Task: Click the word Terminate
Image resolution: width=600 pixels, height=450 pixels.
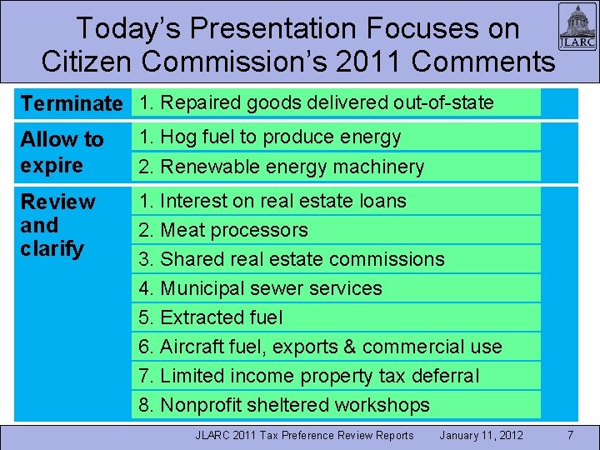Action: (x=72, y=104)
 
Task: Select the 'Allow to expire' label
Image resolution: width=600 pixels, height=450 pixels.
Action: (x=62, y=152)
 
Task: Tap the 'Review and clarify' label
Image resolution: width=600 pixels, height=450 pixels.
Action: (x=58, y=225)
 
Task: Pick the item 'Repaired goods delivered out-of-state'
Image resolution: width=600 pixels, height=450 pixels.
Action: (x=317, y=103)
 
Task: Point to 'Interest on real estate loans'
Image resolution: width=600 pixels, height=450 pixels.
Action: (x=272, y=201)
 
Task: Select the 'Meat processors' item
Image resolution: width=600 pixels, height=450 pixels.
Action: (x=223, y=230)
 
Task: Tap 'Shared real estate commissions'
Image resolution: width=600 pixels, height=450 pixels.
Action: (x=292, y=259)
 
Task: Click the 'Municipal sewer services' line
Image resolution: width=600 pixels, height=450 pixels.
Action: (x=260, y=288)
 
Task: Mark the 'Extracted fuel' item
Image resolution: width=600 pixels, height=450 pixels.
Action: (x=211, y=317)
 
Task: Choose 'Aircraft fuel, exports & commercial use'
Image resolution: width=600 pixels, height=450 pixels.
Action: (x=320, y=347)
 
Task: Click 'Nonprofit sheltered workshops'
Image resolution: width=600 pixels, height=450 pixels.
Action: (x=284, y=405)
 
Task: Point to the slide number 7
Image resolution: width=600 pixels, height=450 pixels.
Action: (x=570, y=435)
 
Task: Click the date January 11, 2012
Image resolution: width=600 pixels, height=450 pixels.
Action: (x=481, y=435)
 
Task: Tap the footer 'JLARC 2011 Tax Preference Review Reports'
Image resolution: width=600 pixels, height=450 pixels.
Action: (x=304, y=435)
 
